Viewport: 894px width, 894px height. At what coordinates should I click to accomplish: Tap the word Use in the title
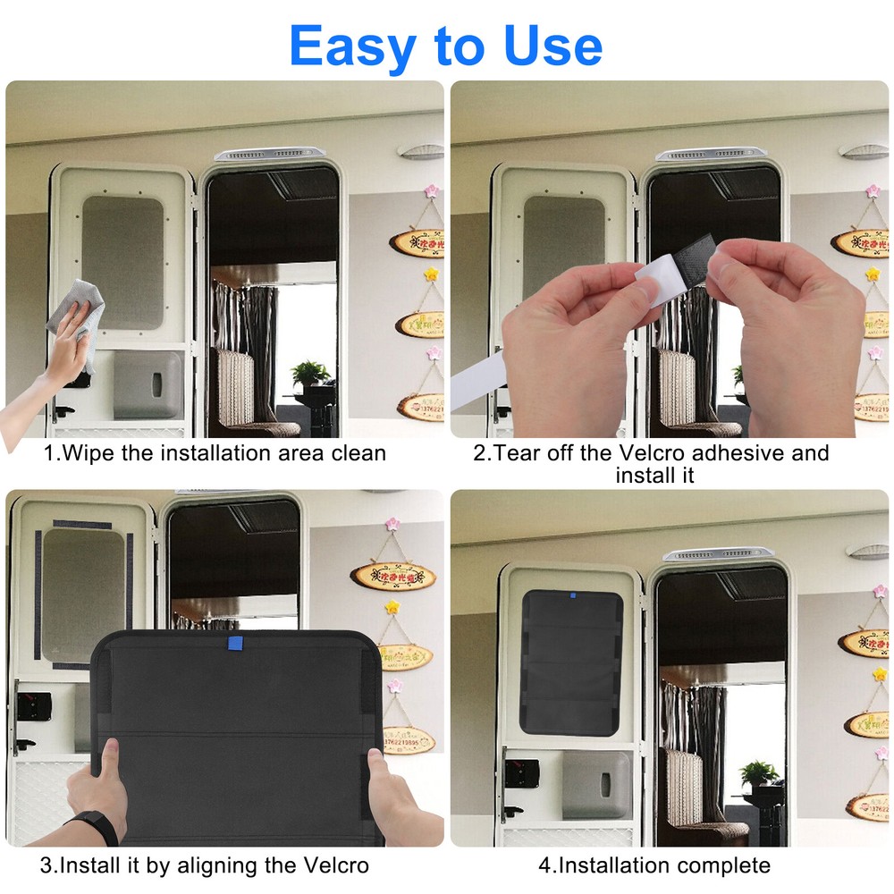(x=551, y=46)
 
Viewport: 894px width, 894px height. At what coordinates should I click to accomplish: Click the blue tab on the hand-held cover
(x=234, y=643)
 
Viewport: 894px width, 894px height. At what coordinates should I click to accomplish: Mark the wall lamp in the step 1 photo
(x=421, y=151)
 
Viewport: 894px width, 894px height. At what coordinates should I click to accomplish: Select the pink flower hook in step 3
(x=391, y=524)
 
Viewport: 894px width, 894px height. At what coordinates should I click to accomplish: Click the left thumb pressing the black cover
(x=108, y=760)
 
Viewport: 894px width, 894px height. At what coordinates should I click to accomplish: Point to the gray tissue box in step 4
(x=596, y=784)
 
